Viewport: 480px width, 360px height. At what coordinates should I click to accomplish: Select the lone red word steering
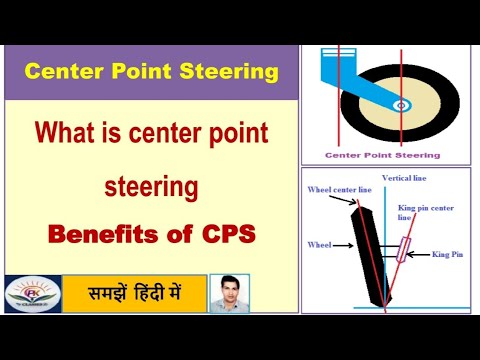click(150, 186)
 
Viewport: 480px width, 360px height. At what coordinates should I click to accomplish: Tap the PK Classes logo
click(31, 294)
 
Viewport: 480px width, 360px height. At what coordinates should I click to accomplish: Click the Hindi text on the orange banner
click(134, 294)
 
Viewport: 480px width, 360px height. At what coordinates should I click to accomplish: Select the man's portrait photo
click(230, 293)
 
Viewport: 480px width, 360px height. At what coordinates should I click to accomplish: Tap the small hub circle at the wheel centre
click(403, 104)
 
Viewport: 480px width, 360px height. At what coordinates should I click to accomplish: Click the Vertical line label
click(404, 176)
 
